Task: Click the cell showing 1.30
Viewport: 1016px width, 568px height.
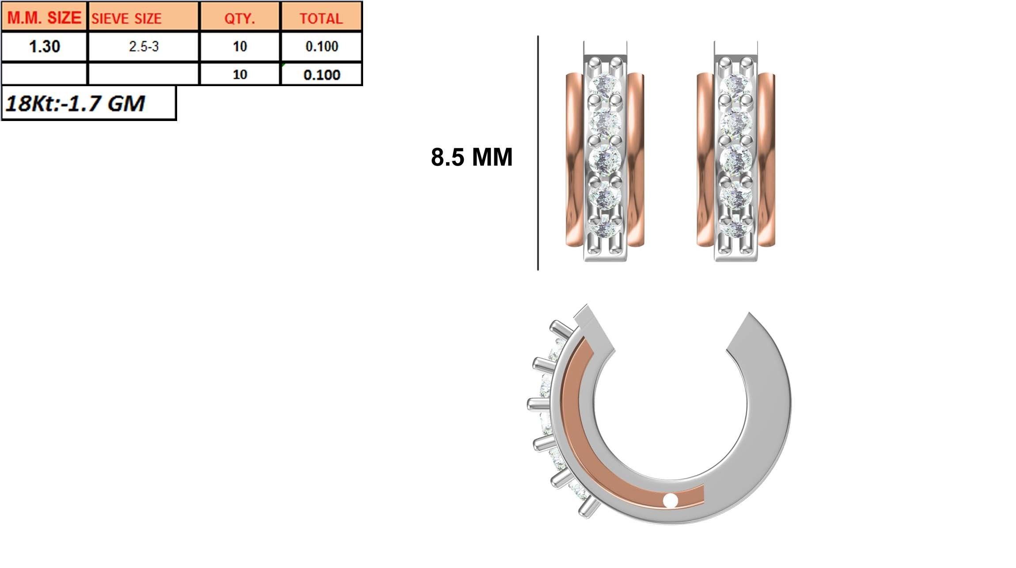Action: click(x=44, y=46)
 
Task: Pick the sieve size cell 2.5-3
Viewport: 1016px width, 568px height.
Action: click(x=144, y=46)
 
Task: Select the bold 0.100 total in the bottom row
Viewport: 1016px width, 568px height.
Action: click(x=322, y=75)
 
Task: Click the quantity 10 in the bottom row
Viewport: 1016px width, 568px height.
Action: click(x=240, y=74)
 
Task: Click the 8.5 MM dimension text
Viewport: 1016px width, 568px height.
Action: click(x=471, y=157)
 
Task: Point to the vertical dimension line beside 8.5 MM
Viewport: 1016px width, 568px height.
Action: click(x=538, y=152)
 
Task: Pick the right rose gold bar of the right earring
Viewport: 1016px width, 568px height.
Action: click(x=766, y=159)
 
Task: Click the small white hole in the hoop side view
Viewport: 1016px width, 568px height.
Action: click(x=671, y=500)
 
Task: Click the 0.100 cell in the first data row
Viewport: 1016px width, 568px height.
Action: click(x=322, y=46)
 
